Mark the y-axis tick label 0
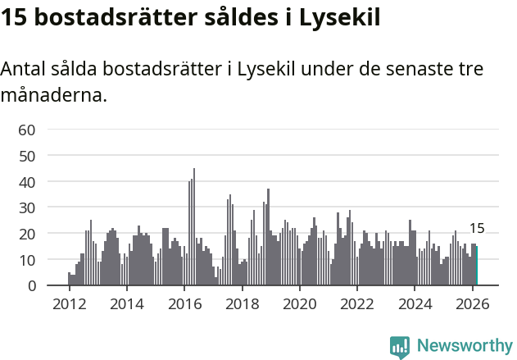pos(30,286)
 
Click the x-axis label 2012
pos(69,303)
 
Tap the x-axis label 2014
pos(126,303)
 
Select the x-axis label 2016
pos(184,303)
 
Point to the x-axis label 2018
pos(242,303)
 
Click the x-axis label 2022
pos(357,303)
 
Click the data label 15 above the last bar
pos(477,229)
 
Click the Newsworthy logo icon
pos(400,347)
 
